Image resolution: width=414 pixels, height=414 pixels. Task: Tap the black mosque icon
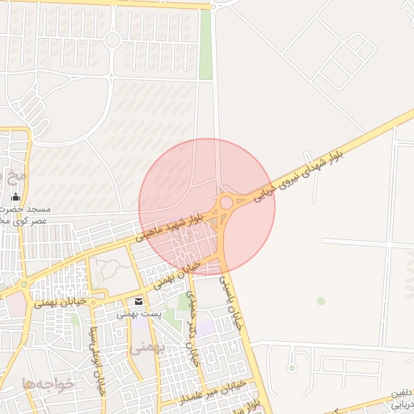[15, 196]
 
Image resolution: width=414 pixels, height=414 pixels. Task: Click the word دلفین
[399, 393]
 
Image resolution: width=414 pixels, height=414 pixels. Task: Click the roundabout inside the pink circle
[227, 202]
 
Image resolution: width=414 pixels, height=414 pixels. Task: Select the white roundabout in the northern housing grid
[112, 39]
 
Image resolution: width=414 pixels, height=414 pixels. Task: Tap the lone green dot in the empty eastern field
[321, 301]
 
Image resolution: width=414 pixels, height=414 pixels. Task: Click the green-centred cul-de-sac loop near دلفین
[292, 369]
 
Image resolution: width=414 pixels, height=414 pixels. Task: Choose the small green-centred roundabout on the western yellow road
[23, 285]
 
